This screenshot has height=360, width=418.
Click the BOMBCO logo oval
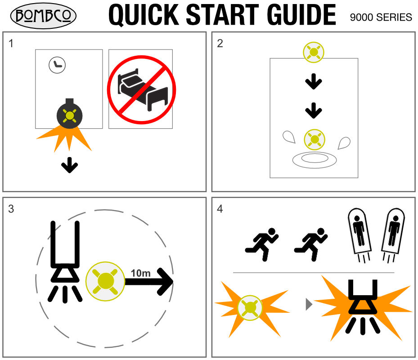click(43, 15)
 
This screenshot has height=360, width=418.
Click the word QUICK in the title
click(144, 15)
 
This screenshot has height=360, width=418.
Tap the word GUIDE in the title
click(301, 15)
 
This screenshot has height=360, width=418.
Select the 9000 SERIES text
click(381, 18)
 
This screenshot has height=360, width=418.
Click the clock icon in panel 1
click(57, 65)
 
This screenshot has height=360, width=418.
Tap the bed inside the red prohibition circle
click(143, 90)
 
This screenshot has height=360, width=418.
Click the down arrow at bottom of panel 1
click(70, 165)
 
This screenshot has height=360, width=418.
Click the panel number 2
click(220, 44)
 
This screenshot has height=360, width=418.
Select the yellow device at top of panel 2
click(314, 52)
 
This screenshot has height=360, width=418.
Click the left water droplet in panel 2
click(289, 137)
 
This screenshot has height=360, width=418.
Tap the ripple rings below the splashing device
click(315, 160)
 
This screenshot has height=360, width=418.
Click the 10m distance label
click(140, 273)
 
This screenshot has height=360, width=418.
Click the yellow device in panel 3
click(105, 281)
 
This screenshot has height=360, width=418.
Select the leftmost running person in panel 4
click(262, 244)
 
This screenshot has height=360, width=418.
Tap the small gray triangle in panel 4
click(309, 305)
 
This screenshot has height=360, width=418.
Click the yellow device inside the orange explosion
click(250, 308)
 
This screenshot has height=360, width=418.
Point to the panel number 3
click(11, 209)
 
